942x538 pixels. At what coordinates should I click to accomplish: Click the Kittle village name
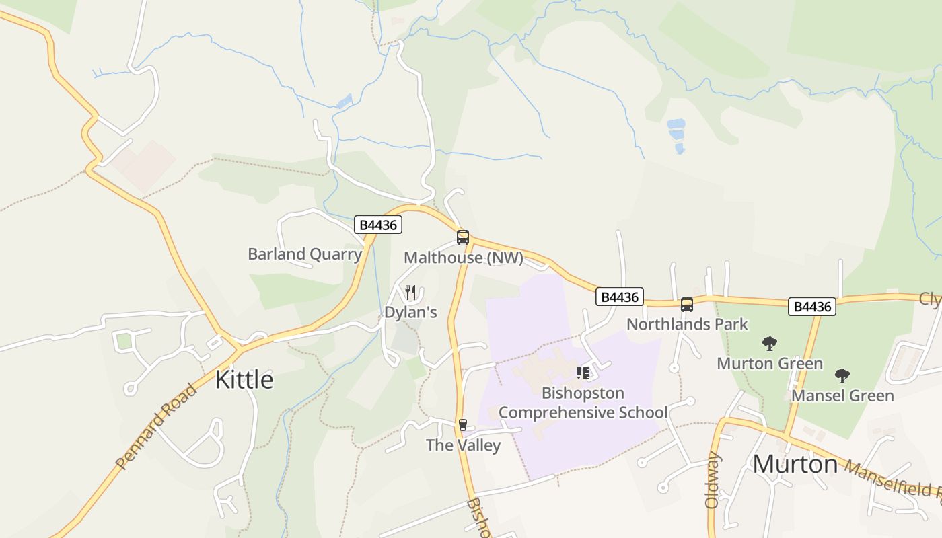click(244, 380)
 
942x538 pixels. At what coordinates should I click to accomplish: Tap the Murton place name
click(795, 464)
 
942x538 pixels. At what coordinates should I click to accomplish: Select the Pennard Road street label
click(156, 426)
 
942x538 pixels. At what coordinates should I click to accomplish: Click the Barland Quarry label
click(305, 254)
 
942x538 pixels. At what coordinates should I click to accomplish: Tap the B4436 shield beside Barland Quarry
click(378, 225)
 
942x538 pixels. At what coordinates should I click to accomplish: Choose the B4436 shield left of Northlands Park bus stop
click(620, 297)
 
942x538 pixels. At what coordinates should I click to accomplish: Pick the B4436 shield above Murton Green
click(812, 307)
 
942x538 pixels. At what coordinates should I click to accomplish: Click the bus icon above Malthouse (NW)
click(463, 237)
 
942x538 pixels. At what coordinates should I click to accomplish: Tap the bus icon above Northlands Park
click(687, 305)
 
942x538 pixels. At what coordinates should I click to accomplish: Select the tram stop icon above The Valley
click(462, 424)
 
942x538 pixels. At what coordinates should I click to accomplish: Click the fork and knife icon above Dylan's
click(410, 293)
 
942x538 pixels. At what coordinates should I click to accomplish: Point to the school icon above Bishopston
click(583, 373)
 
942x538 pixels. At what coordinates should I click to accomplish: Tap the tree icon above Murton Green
click(770, 344)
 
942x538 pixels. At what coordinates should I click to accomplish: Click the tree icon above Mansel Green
click(842, 376)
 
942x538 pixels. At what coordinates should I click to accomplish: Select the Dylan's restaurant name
click(410, 313)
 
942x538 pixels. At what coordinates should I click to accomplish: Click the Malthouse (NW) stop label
click(463, 258)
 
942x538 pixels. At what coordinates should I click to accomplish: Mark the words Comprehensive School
click(583, 412)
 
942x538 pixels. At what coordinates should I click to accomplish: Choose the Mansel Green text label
click(842, 395)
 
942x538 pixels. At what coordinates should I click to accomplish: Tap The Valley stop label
click(463, 445)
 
